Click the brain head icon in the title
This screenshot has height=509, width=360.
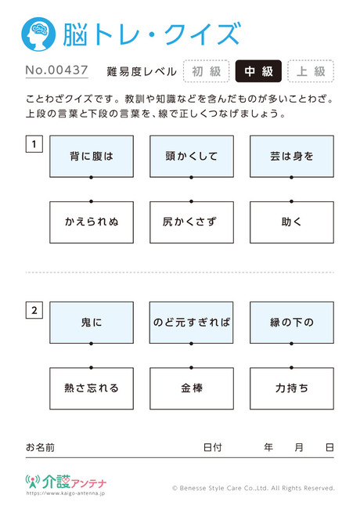[x=38, y=34]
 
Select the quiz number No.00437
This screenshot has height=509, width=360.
[x=57, y=70]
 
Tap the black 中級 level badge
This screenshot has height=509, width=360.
[x=258, y=71]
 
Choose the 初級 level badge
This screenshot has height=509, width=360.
[x=207, y=71]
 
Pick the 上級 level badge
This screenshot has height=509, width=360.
[x=311, y=71]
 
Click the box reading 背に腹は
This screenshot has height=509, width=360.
[x=92, y=157]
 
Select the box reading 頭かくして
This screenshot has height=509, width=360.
[x=192, y=157]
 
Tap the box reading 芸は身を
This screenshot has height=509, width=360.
[x=292, y=157]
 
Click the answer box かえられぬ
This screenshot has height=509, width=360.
[x=92, y=222]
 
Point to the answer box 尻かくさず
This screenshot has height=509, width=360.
[x=192, y=222]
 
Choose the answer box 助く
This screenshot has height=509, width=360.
[x=292, y=222]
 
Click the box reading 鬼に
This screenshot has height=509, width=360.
[x=92, y=323]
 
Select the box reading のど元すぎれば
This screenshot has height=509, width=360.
[x=192, y=323]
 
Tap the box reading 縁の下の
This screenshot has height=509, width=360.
[x=292, y=323]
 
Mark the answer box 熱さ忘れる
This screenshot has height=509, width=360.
[x=92, y=388]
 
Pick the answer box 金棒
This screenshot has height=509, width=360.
[x=192, y=388]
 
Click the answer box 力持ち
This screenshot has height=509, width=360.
[x=292, y=388]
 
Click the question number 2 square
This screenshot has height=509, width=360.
[x=34, y=310]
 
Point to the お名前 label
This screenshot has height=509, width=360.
[x=40, y=448]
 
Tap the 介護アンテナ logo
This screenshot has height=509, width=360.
[x=67, y=482]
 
